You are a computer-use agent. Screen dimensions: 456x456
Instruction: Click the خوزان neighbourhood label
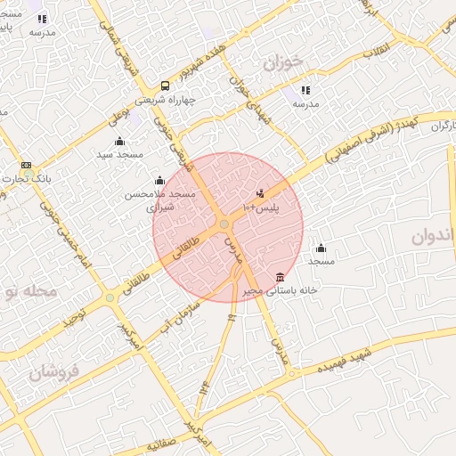point(284,63)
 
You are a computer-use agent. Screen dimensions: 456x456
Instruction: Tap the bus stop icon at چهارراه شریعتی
point(166,86)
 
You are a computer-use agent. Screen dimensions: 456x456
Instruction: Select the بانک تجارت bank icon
point(25,166)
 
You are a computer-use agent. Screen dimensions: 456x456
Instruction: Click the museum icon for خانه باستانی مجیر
point(281,276)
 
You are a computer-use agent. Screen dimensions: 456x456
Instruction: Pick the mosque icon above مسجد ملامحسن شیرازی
point(160,181)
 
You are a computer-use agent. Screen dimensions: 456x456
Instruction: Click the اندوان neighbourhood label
point(435,237)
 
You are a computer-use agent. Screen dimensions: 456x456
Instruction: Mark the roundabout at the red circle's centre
point(224,224)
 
